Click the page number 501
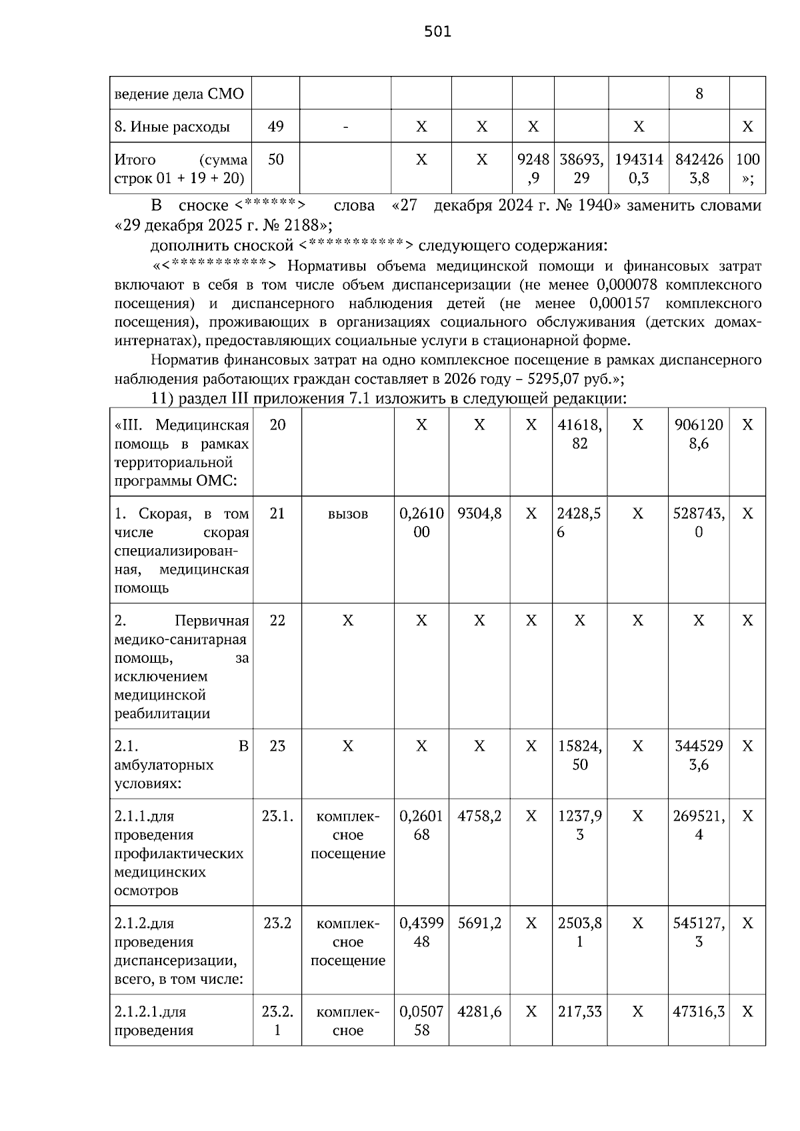click(x=437, y=31)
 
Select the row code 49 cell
click(x=275, y=127)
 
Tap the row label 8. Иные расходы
click(x=172, y=127)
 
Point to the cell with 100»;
click(x=747, y=169)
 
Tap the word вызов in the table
click(x=347, y=514)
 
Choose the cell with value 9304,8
click(x=479, y=514)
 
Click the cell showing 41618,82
click(x=579, y=434)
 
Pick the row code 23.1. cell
click(x=277, y=816)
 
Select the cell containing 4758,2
click(x=479, y=816)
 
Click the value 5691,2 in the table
click(x=479, y=923)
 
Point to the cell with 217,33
click(x=579, y=1012)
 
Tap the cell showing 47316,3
click(x=698, y=1012)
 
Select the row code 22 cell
click(x=277, y=621)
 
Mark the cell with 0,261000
click(x=421, y=523)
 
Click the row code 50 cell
click(x=275, y=160)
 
